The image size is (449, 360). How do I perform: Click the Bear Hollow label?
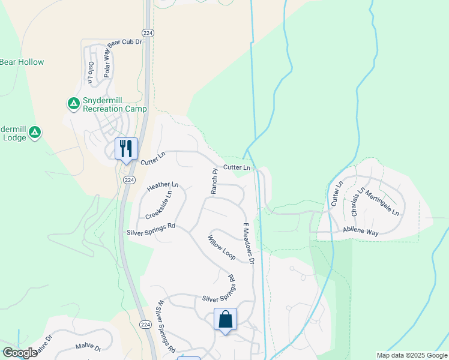(22, 62)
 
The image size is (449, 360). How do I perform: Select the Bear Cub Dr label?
(124, 43)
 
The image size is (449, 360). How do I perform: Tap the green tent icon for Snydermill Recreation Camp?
(73, 104)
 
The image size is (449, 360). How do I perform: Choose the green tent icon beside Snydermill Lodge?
(35, 131)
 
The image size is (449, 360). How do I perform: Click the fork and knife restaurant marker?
(126, 148)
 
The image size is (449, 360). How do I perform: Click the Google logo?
(19, 352)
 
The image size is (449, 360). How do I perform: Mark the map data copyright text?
(412, 355)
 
